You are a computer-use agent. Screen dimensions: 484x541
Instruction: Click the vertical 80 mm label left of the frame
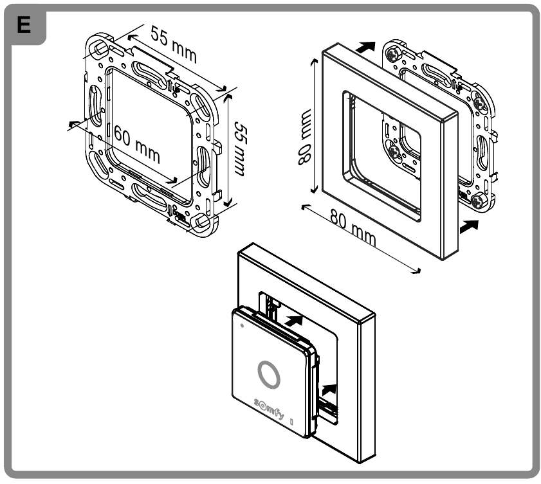coord(304,138)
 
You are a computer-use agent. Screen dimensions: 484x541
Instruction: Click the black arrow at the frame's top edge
coord(364,47)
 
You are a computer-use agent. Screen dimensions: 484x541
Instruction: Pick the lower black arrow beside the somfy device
coord(329,388)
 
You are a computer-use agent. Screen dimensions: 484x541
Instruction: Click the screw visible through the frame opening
coord(394,152)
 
